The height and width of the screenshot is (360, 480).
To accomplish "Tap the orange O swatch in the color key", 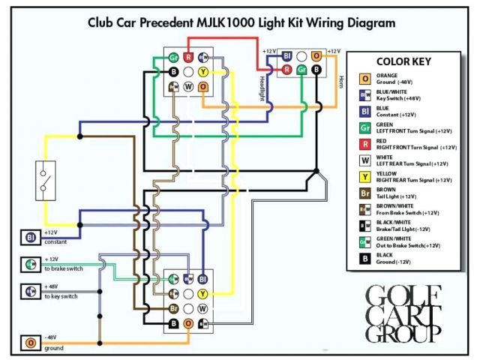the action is tap(365, 78).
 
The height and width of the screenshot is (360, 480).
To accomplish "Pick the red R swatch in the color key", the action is tap(365, 143).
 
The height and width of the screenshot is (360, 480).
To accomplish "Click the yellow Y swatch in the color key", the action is tap(365, 177).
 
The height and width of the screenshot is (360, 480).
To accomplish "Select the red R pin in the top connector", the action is tap(188, 57).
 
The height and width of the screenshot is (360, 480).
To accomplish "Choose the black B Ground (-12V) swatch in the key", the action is tap(365, 259).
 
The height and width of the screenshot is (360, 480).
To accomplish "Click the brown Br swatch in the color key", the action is tap(365, 193).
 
